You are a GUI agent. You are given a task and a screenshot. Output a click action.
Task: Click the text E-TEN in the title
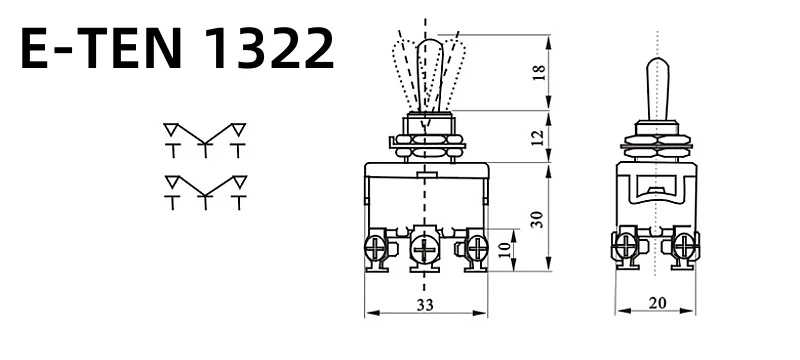click(101, 48)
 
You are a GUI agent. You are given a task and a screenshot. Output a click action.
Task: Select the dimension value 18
click(540, 73)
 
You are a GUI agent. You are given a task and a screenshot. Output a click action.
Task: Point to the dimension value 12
click(538, 137)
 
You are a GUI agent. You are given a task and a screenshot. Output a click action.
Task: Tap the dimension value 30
click(538, 219)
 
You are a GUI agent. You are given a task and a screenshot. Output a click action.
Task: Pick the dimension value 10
click(504, 249)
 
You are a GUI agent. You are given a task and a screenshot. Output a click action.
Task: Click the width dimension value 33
click(424, 305)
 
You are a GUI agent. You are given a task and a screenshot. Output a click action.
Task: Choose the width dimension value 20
click(657, 303)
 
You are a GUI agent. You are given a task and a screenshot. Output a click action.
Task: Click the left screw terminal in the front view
click(377, 249)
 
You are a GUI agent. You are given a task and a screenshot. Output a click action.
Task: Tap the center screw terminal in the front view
click(423, 249)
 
